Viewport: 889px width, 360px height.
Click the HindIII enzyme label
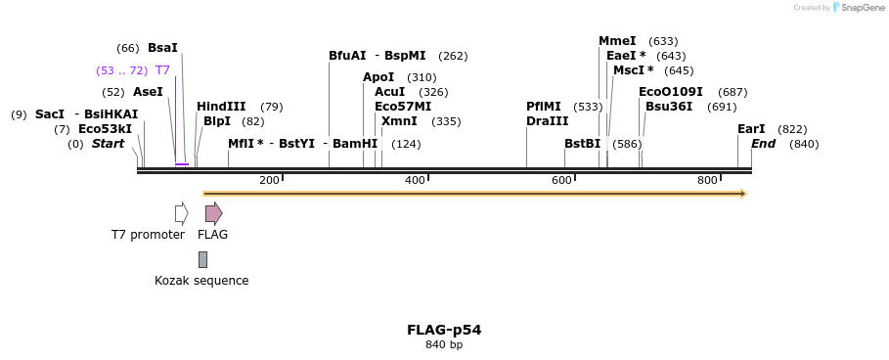point(221,107)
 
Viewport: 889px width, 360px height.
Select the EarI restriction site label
point(751,129)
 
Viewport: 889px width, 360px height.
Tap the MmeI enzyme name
point(617,41)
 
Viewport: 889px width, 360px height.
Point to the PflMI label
point(544,107)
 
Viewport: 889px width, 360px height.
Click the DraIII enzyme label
point(547,121)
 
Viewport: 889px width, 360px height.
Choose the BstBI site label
point(582,144)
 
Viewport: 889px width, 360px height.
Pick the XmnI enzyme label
point(399,121)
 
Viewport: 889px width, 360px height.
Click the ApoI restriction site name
point(378,77)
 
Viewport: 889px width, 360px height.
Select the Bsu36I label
point(669,107)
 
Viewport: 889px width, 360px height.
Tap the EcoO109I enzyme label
point(671,92)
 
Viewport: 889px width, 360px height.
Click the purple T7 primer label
point(162,70)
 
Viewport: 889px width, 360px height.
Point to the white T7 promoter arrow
point(181,213)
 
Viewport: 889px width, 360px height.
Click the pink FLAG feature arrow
point(213,213)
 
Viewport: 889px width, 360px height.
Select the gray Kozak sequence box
point(202,259)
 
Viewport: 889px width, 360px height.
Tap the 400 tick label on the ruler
point(415,181)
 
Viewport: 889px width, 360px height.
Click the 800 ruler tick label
point(707,181)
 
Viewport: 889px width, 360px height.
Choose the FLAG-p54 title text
point(444,330)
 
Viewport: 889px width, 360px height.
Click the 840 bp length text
point(444,344)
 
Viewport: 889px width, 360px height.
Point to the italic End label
point(763,144)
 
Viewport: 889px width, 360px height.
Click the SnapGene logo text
point(862,8)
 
